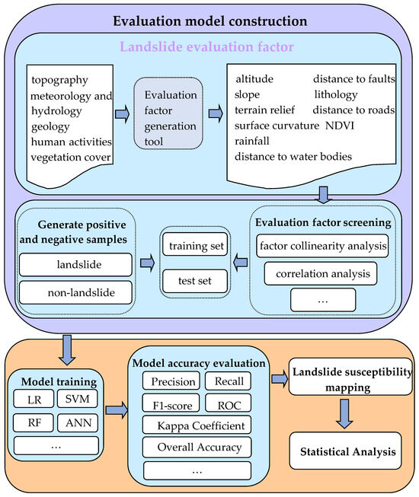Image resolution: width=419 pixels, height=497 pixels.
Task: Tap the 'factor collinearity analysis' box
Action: pyautogui.click(x=323, y=245)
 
